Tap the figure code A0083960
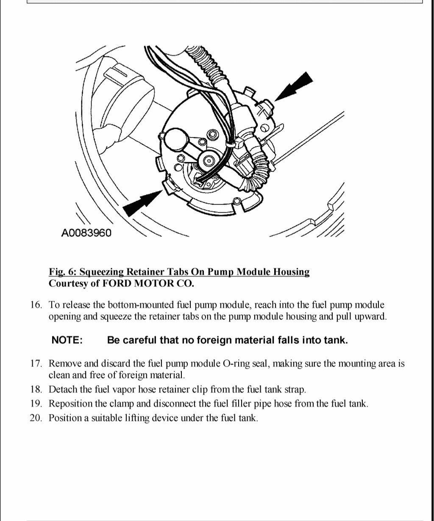[x=86, y=233]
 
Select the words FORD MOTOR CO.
[x=148, y=284]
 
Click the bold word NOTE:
[x=67, y=340]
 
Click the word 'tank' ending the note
[x=337, y=340]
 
